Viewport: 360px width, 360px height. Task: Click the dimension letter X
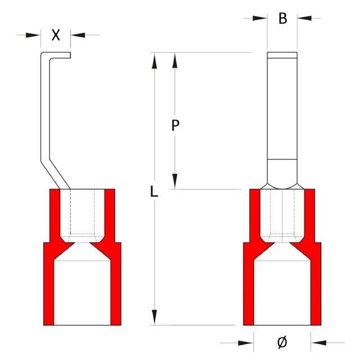tap(56, 35)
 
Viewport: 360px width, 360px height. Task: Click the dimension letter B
tap(283, 19)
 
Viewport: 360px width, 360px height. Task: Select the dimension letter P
tap(175, 126)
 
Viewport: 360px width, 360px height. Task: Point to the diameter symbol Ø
tap(283, 341)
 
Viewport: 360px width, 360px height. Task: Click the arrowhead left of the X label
tap(35, 35)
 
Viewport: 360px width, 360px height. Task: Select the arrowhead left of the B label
tap(260, 19)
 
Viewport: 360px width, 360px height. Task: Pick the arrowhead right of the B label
tap(304, 19)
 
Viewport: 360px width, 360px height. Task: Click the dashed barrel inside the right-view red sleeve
tap(282, 214)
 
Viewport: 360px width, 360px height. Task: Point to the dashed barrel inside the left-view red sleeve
tap(82, 214)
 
